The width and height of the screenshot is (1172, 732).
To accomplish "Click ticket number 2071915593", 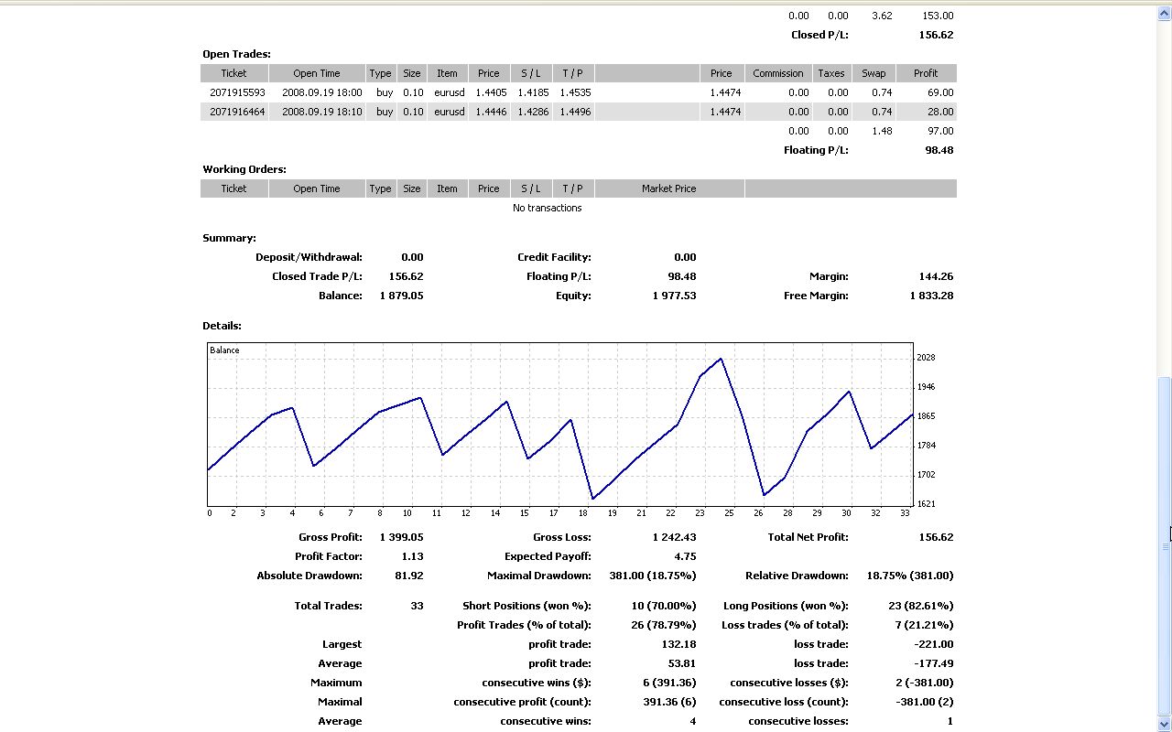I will pos(237,92).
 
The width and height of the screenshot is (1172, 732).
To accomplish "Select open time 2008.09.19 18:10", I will pos(321,112).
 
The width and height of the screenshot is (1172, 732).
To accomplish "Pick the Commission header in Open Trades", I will pos(777,73).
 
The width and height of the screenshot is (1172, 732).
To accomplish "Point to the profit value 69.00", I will pos(939,92).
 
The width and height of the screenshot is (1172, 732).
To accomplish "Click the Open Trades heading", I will pos(236,54).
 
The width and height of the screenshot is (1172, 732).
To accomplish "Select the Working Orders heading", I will pos(244,169).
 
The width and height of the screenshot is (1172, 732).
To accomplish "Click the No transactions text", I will pos(547,208).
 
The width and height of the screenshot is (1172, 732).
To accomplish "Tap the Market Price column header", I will pos(668,188).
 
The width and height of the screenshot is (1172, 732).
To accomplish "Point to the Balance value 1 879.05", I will pos(401,296).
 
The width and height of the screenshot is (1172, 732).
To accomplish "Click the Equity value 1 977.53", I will pos(674,296).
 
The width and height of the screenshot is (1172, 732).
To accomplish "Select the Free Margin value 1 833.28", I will pos(931,296).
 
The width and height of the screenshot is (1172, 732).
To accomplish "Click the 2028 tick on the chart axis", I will pos(926,358).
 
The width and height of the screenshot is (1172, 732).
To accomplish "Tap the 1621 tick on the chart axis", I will pos(926,504).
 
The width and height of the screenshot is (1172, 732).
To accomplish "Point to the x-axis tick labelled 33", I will pos(905,513).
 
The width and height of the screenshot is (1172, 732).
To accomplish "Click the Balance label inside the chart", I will pos(224,350).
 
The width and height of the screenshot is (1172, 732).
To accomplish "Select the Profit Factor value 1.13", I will pos(412,556).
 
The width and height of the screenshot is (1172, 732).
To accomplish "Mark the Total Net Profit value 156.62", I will pos(936,537).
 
